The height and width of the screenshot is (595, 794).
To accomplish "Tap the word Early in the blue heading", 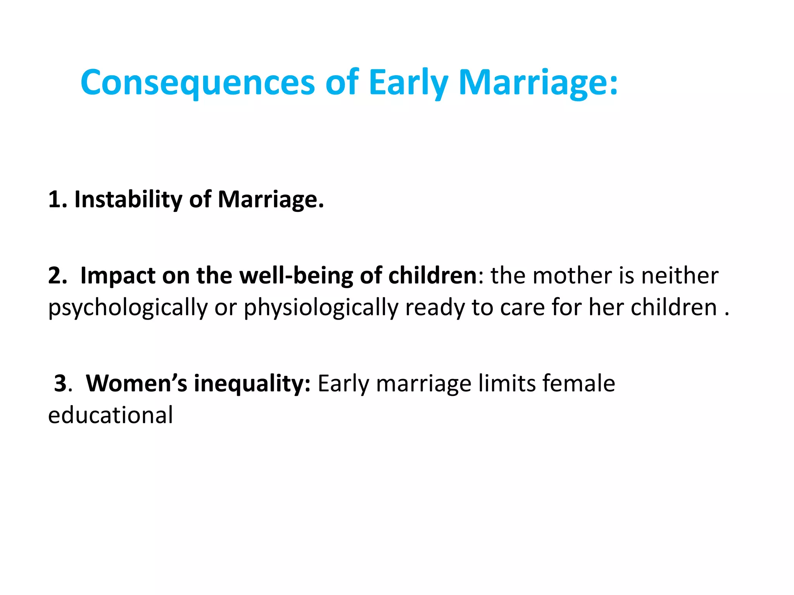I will tap(408, 83).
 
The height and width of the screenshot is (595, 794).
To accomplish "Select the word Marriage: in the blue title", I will tap(538, 83).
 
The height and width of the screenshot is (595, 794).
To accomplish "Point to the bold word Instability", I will tap(128, 199).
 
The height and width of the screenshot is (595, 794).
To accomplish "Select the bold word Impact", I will tap(118, 276).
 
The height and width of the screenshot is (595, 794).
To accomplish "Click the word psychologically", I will tap(128, 308).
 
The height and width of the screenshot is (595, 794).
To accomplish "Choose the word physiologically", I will tap(321, 308).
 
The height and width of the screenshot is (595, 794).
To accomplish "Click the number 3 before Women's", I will tap(61, 383).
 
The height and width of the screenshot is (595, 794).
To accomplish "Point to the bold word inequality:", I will tap(252, 383).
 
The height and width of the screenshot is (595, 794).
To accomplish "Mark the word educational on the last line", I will tap(110, 415).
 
